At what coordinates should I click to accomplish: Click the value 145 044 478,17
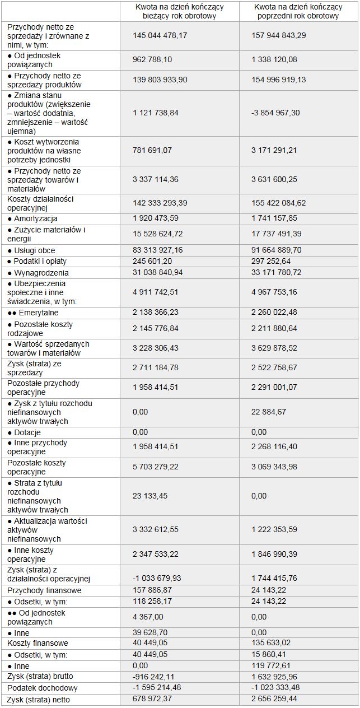160,35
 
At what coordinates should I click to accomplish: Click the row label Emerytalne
35,313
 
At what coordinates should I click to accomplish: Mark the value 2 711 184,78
156,367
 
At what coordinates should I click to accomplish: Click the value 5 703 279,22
156,467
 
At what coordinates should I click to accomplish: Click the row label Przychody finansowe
44,590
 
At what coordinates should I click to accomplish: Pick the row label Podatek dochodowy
43,688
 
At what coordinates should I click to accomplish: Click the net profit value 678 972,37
153,699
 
